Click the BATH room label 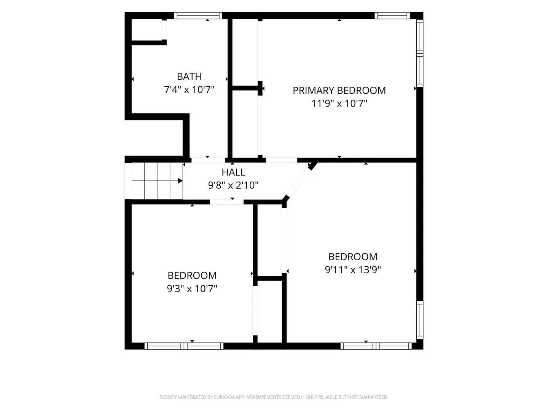click(x=189, y=76)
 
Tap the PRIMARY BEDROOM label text click(x=339, y=91)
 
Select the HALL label click(x=233, y=172)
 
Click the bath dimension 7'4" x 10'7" click(x=189, y=89)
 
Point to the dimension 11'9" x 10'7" click(x=339, y=103)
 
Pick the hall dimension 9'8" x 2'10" click(x=233, y=185)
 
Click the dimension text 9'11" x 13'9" click(x=352, y=270)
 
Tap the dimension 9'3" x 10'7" click(x=192, y=289)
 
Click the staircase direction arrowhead click(x=180, y=181)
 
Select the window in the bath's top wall click(x=198, y=16)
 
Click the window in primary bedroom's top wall click(x=392, y=16)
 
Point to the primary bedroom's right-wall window click(x=420, y=53)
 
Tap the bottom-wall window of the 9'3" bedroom click(x=184, y=346)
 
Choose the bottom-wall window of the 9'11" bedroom click(x=376, y=346)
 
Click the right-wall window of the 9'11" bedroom click(x=420, y=320)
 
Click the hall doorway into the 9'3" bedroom click(x=227, y=202)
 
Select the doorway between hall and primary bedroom click(x=282, y=160)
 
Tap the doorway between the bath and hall click(x=208, y=160)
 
